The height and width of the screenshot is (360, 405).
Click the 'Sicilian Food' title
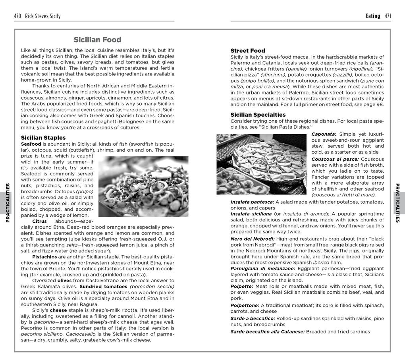tap(97, 40)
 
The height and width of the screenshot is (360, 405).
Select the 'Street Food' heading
tap(248, 51)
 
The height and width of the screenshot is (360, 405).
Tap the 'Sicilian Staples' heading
tap(43, 138)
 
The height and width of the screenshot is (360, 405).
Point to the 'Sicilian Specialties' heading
tap(258, 115)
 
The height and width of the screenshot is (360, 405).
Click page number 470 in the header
tap(17, 16)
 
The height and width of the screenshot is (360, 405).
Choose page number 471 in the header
tap(388, 16)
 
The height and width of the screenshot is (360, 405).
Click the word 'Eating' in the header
tap(373, 16)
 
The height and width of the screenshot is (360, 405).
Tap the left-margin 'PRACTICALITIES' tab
tap(8, 203)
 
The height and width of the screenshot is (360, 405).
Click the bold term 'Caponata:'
tap(324, 134)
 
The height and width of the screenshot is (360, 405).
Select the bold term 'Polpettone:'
tap(245, 305)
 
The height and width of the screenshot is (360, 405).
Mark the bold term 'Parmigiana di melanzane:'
tap(262, 268)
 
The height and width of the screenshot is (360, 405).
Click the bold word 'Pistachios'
tap(44, 257)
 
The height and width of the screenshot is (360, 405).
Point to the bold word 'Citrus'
tap(39, 221)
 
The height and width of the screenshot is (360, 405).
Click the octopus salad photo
tap(143, 187)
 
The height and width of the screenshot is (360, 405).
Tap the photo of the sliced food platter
tap(261, 164)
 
